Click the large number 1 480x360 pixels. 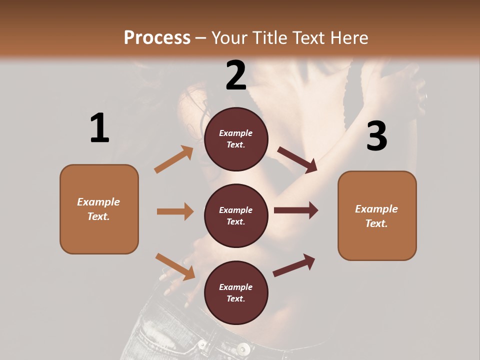(x=99, y=128)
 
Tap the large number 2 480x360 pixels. (x=236, y=75)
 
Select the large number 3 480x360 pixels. (x=376, y=136)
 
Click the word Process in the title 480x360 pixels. (x=157, y=37)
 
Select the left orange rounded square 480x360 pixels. (x=99, y=209)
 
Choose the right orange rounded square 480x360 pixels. (x=377, y=215)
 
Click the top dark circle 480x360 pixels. (x=236, y=139)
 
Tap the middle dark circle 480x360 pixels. (x=236, y=215)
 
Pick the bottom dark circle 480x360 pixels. (x=236, y=292)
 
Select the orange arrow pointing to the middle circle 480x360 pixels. (x=175, y=211)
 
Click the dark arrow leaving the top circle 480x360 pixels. (x=297, y=160)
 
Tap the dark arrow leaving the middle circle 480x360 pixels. (x=296, y=210)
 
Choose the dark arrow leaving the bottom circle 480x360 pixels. (x=294, y=265)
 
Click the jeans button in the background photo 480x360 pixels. (x=243, y=348)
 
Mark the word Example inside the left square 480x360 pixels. (x=98, y=202)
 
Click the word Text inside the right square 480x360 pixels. (x=376, y=223)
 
